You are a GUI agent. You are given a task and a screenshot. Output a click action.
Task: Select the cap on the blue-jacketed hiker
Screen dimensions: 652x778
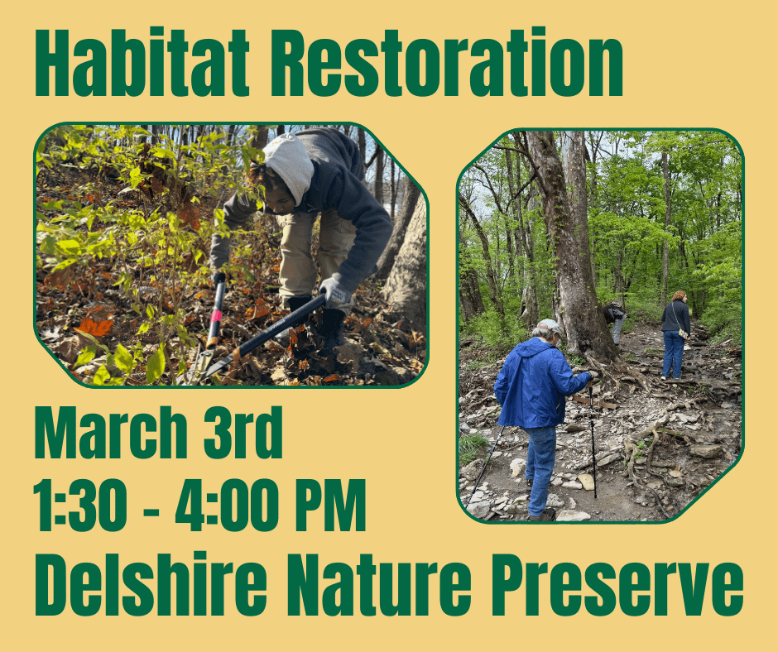pyautogui.click(x=548, y=326)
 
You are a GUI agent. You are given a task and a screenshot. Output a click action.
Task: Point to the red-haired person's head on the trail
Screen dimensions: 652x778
pyautogui.click(x=679, y=296)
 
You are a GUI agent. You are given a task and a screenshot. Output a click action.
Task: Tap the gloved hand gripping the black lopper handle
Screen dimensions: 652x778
pyautogui.click(x=334, y=290)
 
